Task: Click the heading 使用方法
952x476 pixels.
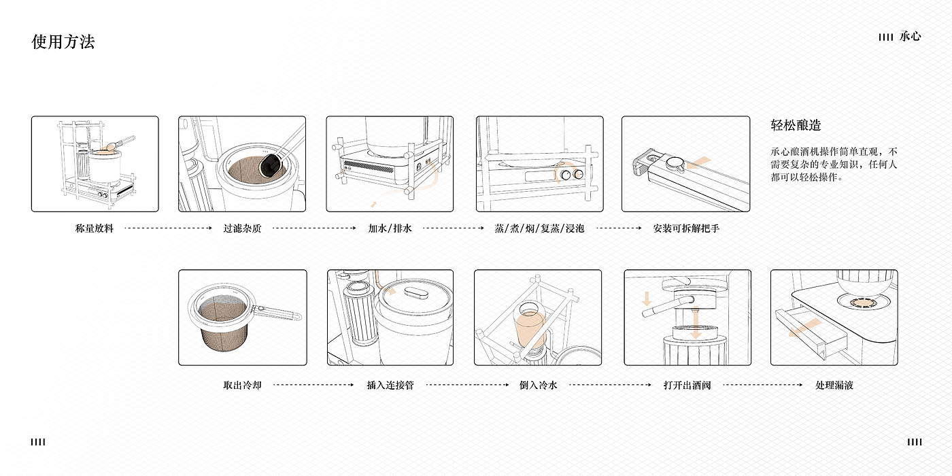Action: point(63,42)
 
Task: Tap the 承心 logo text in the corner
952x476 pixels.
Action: point(910,37)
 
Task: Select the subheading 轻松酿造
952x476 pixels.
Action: point(796,125)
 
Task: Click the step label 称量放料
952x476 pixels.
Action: point(95,228)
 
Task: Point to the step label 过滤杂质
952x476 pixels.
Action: point(242,228)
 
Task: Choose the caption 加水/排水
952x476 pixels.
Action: point(390,228)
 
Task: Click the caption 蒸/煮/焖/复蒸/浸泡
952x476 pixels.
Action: point(539,228)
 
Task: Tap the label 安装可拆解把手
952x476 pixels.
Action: point(686,228)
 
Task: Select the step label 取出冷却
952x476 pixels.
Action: point(242,385)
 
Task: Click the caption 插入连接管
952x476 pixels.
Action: point(390,385)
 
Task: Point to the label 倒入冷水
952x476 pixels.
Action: point(538,385)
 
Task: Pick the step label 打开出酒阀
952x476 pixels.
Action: point(687,385)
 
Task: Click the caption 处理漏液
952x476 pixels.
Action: point(834,385)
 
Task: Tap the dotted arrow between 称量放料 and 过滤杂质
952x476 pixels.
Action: point(169,228)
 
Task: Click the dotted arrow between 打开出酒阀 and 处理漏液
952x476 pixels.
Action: point(763,385)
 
